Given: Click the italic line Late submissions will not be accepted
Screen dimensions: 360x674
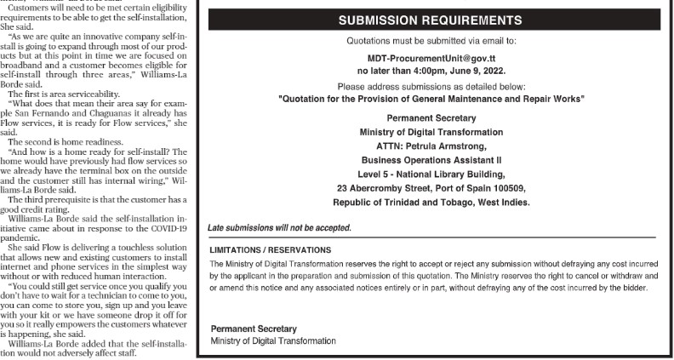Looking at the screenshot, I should (x=279, y=228).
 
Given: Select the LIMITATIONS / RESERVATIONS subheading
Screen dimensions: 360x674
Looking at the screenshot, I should (x=271, y=249).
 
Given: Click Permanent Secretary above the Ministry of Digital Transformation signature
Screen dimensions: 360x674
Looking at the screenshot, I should (x=253, y=329).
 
